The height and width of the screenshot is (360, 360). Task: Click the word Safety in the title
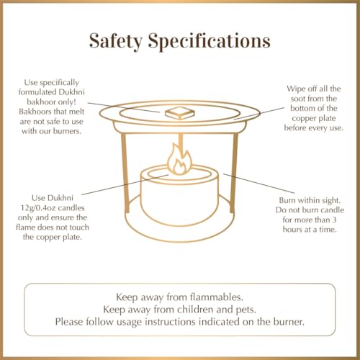pos(116,41)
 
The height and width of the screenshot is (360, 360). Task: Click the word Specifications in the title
pos(210,41)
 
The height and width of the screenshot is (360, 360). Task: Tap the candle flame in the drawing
pos(180,159)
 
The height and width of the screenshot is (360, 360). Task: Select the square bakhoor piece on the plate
pos(179,113)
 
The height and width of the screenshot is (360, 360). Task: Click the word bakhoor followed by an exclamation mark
pos(51,102)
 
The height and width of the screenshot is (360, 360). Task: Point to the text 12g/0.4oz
pos(38,208)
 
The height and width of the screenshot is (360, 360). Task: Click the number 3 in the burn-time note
pos(334,220)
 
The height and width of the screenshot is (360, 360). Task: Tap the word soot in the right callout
pos(298,99)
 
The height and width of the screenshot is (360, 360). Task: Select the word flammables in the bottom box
pos(217,297)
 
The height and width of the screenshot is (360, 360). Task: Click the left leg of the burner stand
pos(125,173)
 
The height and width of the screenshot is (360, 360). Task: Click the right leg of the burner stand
pos(234,173)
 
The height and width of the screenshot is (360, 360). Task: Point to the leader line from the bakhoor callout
pos(124,107)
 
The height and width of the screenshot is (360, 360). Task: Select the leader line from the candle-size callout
pos(125,185)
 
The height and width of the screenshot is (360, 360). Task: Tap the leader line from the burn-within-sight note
pos(258,183)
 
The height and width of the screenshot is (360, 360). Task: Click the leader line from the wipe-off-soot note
pos(259,113)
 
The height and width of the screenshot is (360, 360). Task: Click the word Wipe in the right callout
pos(296,89)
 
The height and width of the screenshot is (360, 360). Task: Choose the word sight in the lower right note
pos(330,201)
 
